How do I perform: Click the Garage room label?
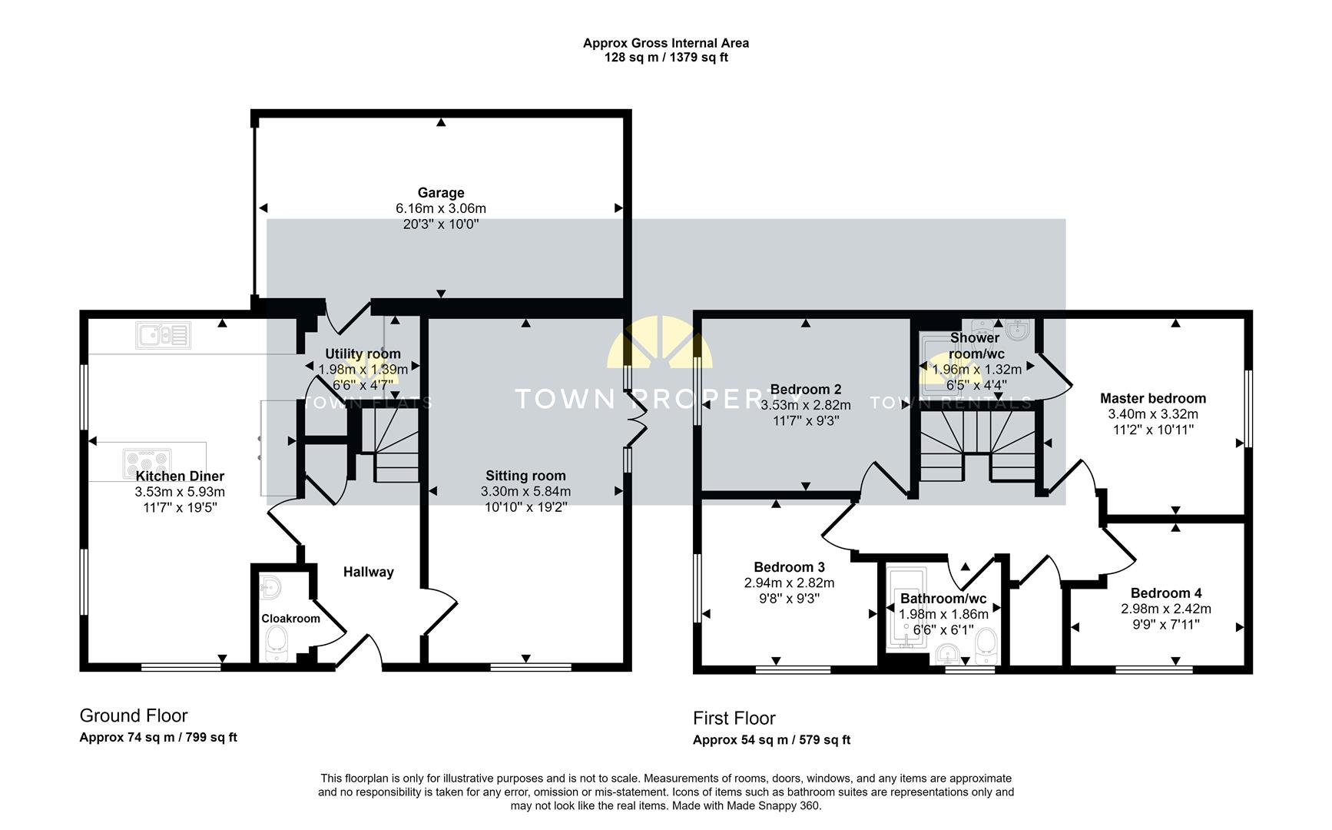[440, 193]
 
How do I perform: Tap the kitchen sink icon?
[163, 335]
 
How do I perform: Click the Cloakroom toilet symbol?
[276, 642]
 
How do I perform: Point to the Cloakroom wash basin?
[270, 588]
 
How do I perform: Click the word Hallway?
[368, 572]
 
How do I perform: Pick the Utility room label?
[363, 354]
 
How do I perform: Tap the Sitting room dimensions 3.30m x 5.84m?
[525, 492]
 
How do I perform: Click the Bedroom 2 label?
[805, 389]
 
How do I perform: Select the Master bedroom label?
[1152, 398]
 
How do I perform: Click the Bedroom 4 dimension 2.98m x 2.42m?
[1165, 609]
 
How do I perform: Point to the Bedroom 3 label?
[789, 567]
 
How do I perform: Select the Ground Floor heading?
[134, 715]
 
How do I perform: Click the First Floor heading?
[734, 718]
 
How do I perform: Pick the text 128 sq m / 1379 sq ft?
[665, 58]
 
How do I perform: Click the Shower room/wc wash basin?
[1017, 331]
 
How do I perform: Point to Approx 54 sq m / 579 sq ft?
[771, 740]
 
